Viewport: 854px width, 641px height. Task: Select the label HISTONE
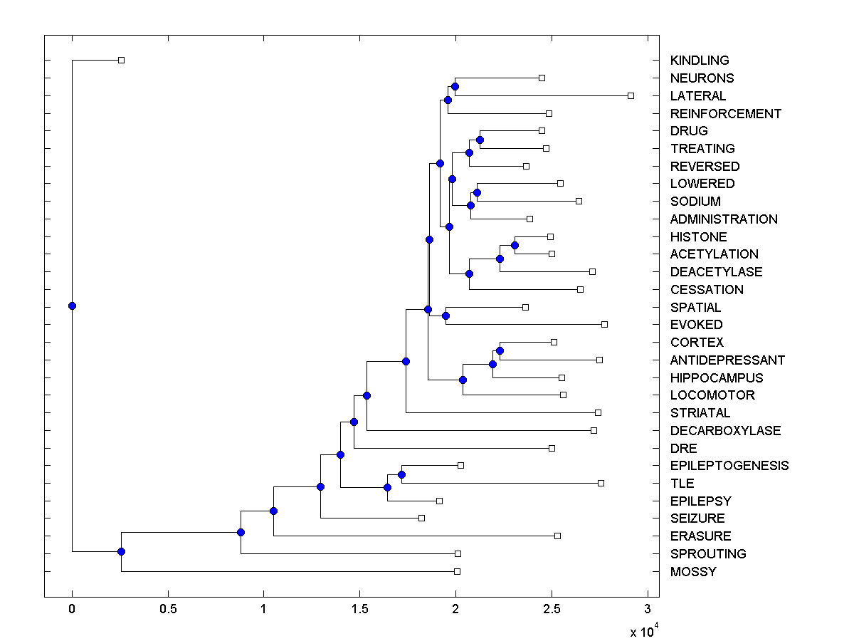(698, 236)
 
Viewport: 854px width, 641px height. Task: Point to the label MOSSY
(693, 571)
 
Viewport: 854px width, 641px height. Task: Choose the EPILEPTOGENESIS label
(729, 466)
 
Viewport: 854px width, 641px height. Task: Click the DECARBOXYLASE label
(725, 430)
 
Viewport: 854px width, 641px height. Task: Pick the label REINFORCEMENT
(726, 113)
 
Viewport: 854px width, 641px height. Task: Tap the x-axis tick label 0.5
(168, 610)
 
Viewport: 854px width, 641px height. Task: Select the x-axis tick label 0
(72, 610)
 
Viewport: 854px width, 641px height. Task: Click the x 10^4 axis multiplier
(643, 630)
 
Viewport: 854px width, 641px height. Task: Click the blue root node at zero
(72, 306)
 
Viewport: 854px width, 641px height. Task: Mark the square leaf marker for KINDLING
(121, 61)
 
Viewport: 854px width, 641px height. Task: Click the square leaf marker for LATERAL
(631, 95)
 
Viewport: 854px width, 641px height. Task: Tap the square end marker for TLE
(601, 483)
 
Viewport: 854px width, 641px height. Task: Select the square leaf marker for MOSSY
(457, 571)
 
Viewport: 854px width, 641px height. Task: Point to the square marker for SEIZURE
(421, 518)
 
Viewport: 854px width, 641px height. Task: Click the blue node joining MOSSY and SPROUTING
(121, 551)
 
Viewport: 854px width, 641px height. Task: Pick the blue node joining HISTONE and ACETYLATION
(515, 245)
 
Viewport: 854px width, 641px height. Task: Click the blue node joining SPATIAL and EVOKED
(446, 316)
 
